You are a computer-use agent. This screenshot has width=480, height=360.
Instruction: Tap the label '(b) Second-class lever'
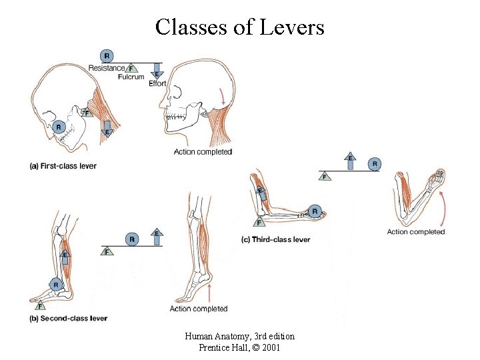(69, 319)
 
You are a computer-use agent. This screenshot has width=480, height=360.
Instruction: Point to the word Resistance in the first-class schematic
(106, 68)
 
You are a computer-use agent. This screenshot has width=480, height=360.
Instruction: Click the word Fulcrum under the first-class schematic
(131, 77)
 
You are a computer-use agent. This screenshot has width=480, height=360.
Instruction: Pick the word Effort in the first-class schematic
(157, 83)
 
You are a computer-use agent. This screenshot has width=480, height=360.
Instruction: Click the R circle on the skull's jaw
(59, 126)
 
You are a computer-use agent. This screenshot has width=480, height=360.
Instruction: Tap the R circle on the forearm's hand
(315, 212)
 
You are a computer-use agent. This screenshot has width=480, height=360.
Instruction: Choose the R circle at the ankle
(57, 285)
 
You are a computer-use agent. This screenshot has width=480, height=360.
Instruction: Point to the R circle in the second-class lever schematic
(132, 238)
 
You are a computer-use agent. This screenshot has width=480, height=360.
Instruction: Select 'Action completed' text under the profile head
(203, 152)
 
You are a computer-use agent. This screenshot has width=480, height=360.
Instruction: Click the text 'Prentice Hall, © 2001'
(239, 348)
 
